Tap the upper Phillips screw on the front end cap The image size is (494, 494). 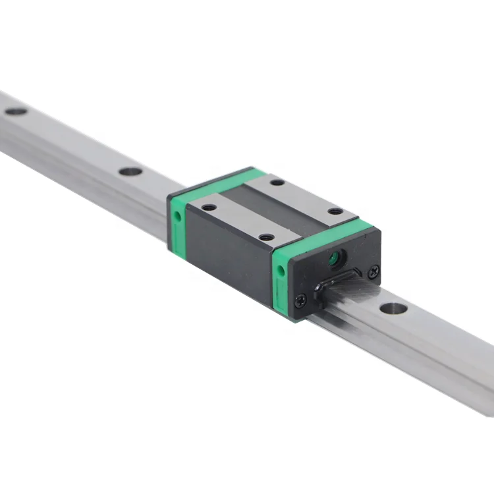point(374,269)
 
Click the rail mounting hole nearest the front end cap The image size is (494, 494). point(393,308)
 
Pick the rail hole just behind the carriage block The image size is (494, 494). point(130,172)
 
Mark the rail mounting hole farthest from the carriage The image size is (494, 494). point(16,111)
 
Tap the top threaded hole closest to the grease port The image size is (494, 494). point(335,211)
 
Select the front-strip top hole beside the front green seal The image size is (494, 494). point(266,236)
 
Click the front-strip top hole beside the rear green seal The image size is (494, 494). point(209,207)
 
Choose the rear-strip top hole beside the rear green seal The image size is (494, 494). point(277,182)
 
